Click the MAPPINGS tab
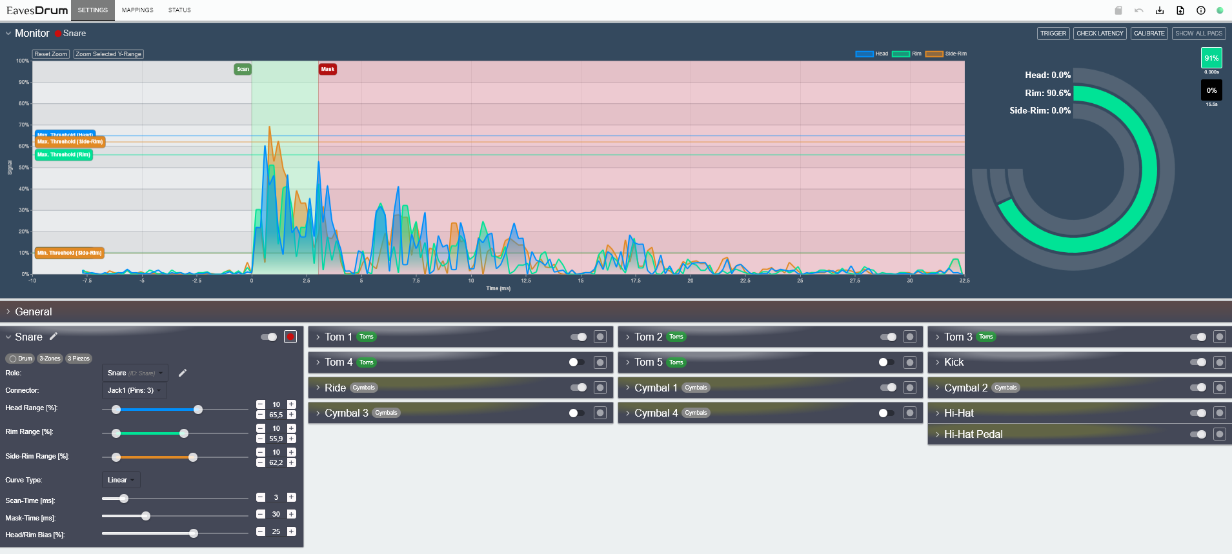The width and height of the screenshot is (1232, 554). [137, 10]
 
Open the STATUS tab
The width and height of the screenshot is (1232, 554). [179, 10]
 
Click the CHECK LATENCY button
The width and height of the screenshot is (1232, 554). [1100, 34]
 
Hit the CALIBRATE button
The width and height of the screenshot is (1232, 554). [1149, 34]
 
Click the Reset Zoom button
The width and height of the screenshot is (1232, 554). [51, 54]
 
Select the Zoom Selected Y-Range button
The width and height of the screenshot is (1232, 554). [108, 54]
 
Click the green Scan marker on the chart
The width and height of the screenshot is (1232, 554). [243, 69]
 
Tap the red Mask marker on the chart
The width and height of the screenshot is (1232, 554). [328, 69]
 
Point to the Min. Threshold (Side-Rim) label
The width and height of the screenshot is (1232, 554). [69, 253]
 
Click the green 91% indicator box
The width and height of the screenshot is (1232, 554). [1211, 58]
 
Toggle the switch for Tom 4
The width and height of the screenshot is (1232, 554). [577, 362]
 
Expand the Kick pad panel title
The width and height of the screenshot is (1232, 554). [954, 362]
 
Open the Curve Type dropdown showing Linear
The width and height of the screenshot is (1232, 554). [121, 480]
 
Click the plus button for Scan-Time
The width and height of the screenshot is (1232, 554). [292, 497]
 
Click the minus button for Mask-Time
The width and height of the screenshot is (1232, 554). [261, 514]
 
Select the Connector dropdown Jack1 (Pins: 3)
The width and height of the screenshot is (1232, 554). [134, 390]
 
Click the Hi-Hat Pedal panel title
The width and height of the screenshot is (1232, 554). [973, 435]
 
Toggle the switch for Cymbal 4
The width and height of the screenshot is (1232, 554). [887, 413]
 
